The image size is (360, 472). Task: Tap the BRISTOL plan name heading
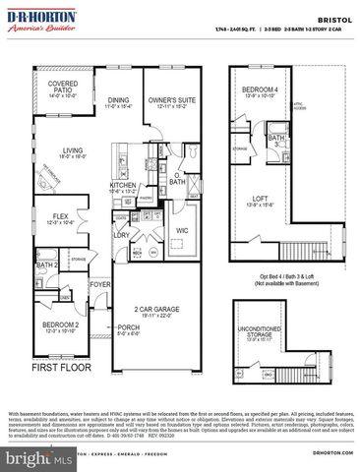(x=331, y=18)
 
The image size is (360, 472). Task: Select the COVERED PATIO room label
(x=63, y=90)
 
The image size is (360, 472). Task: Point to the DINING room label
(x=119, y=100)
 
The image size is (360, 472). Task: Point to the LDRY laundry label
(x=123, y=235)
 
